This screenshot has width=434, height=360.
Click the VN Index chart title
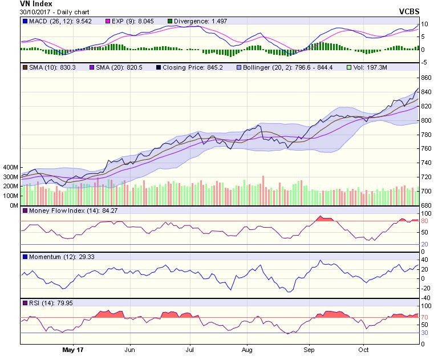[36, 3]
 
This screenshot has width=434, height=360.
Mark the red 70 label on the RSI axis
[425, 317]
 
